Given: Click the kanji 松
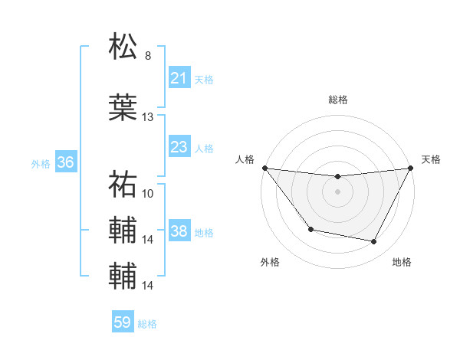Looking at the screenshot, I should coord(123,46).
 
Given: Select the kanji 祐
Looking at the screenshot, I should coord(123,184).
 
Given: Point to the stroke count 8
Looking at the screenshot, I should coord(147,56).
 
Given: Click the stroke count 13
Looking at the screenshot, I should coord(148,117).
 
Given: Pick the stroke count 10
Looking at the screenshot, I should coord(148,193).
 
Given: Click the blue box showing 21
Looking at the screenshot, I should coord(179,78).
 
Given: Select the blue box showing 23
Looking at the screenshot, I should coord(179,147).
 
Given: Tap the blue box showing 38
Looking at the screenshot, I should coord(179,231).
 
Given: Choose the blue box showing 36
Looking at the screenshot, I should coord(65,162).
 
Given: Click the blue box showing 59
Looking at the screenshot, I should coord(122,322).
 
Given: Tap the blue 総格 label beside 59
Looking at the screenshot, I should coord(147,324).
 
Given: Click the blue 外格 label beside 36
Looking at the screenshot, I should coord(41,163).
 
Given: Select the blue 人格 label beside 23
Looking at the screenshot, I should coord(203,148).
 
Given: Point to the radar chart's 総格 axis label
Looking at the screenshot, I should coord(337,100).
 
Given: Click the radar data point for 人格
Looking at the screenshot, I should coord(264,168).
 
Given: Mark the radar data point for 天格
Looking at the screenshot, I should coord(411,168).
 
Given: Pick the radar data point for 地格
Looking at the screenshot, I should coord(374,242).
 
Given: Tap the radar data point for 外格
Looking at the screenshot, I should coord(310,229).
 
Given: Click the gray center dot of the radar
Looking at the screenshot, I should coord(337,191).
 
